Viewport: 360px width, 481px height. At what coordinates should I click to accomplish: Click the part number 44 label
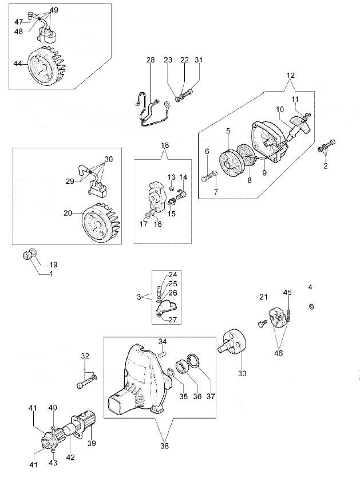pyautogui.click(x=18, y=65)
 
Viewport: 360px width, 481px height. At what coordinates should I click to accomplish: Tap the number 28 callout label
pyautogui.click(x=150, y=60)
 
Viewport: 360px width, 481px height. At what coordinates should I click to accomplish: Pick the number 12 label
pyautogui.click(x=291, y=76)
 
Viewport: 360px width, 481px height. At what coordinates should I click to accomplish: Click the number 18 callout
pyautogui.click(x=165, y=146)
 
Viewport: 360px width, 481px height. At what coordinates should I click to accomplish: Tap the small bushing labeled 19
pyautogui.click(x=29, y=254)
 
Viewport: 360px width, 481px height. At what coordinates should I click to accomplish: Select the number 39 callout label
pyautogui.click(x=92, y=443)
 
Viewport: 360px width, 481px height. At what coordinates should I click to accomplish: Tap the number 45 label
pyautogui.click(x=287, y=293)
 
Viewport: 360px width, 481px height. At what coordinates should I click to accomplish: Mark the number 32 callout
pyautogui.click(x=85, y=356)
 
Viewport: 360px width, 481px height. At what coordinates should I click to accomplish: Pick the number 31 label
pyautogui.click(x=198, y=60)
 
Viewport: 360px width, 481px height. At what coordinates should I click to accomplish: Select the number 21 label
pyautogui.click(x=263, y=297)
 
